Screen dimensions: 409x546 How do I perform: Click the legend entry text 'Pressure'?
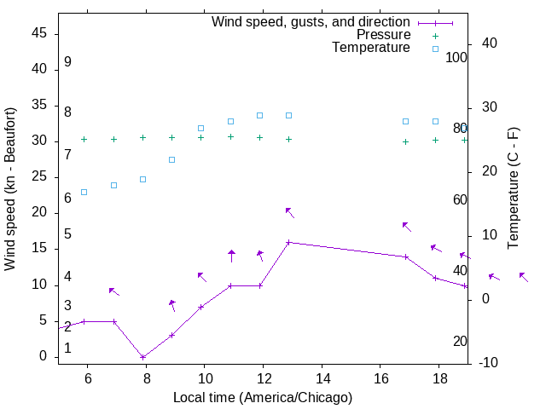383,35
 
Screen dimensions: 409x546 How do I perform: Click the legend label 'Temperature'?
371,48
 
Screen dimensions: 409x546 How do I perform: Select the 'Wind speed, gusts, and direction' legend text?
311,22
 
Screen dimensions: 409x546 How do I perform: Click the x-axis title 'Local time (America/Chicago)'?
263,398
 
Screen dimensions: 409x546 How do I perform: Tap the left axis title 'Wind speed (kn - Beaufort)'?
10,188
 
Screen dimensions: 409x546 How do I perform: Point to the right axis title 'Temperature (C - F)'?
513,188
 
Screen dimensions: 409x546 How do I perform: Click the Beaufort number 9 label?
67,62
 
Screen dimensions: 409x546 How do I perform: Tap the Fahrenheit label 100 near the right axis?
456,58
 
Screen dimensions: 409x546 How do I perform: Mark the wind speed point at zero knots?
143,357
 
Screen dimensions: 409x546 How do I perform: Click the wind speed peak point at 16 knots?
289,242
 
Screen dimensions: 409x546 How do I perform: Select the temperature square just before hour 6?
84,192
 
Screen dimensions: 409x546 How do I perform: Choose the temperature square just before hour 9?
172,159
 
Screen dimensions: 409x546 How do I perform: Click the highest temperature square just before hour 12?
260,115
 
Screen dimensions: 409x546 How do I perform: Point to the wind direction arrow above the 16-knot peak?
289,211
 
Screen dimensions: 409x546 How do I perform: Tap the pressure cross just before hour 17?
406,141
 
